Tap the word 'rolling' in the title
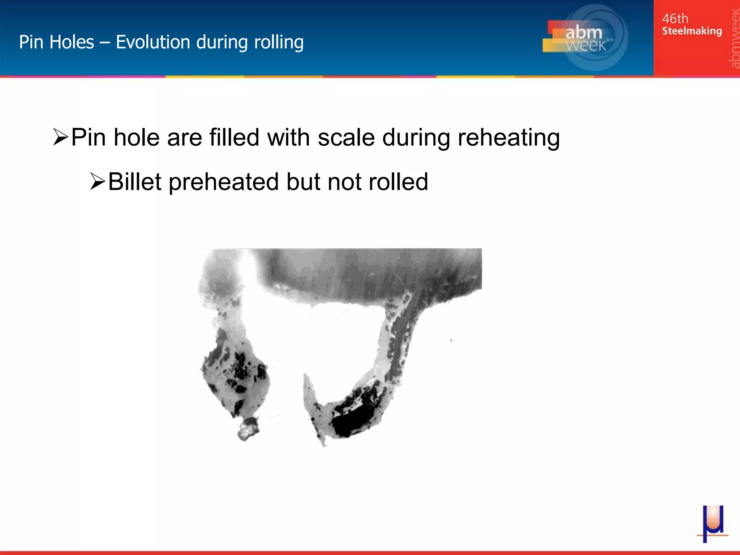tap(279, 43)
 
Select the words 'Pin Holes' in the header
tap(56, 42)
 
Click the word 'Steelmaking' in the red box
tap(692, 31)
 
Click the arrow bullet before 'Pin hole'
tap(60, 137)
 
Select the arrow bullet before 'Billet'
tap(98, 181)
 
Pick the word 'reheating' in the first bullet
tap(508, 138)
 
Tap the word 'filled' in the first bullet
tap(234, 138)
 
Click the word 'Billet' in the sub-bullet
tap(134, 181)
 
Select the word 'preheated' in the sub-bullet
tap(224, 182)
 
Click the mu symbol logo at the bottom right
tap(712, 524)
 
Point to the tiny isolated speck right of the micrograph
tap(451, 340)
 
